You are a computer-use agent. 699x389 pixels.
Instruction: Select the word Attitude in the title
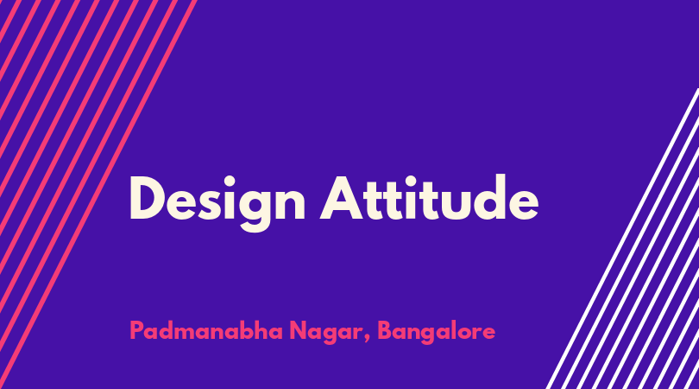[x=429, y=198]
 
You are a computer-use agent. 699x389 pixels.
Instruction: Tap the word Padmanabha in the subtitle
[x=206, y=331]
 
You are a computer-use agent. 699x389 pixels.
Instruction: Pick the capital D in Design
[x=148, y=198]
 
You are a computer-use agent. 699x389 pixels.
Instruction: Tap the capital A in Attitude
[x=343, y=198]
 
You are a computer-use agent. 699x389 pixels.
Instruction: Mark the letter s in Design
[x=208, y=205]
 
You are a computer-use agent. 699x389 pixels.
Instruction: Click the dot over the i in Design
[x=229, y=181]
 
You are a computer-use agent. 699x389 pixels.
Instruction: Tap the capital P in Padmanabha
[x=137, y=330]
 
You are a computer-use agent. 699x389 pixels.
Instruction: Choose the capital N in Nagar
[x=299, y=330]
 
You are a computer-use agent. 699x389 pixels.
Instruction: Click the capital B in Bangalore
[x=386, y=330]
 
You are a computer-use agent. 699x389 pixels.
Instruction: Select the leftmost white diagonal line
[x=622, y=239]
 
